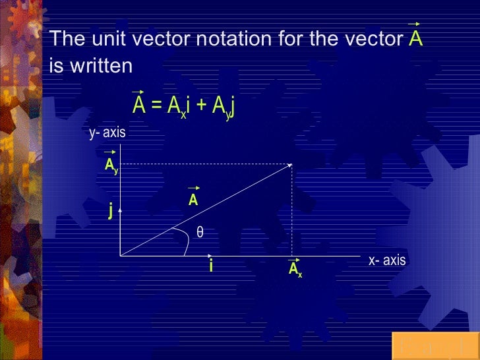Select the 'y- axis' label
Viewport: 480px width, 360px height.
coord(107,133)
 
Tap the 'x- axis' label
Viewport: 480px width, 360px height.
coord(387,260)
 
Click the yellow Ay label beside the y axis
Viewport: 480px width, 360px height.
coord(111,165)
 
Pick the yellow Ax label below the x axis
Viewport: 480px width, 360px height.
coord(295,269)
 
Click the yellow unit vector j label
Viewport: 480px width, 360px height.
coord(111,211)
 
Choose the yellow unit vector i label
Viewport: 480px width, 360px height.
coord(210,266)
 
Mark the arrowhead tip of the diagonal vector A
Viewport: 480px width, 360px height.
coord(292,165)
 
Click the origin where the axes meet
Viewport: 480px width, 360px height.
coord(121,255)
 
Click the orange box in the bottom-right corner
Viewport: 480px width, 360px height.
coord(435,346)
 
